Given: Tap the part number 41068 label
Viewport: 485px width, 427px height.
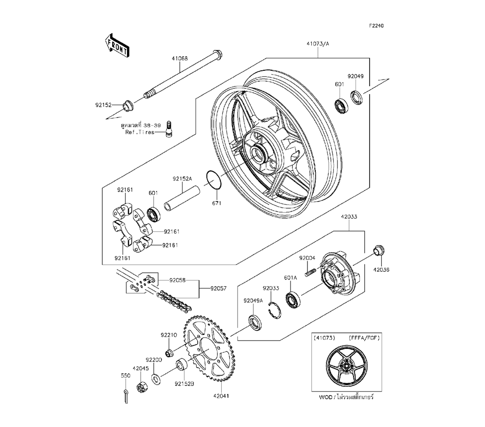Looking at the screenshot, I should (179, 58).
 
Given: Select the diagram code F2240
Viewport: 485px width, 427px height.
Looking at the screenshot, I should (376, 26).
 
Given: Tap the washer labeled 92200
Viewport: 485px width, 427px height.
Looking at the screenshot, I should (155, 379).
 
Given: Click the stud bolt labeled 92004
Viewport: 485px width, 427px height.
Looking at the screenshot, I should (310, 273).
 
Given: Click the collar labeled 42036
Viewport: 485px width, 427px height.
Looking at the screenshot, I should (378, 251).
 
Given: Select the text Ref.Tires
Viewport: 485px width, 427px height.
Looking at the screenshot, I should (139, 132).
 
